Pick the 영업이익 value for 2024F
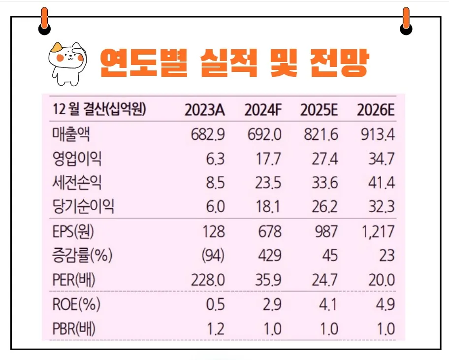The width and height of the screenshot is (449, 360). [x=269, y=159]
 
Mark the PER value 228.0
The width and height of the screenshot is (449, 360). [x=208, y=280]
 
